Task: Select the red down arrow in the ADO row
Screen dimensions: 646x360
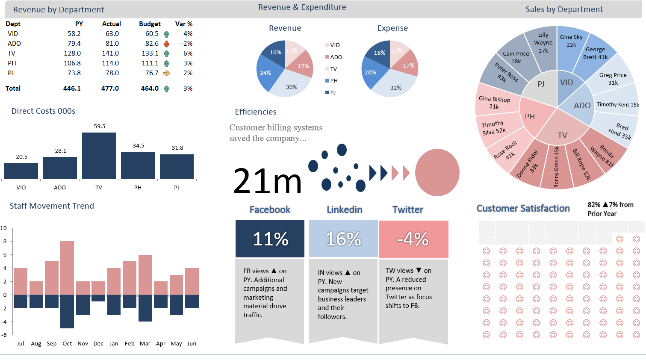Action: point(166,44)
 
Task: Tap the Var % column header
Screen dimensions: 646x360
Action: point(184,24)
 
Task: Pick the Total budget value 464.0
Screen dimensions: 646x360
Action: point(150,88)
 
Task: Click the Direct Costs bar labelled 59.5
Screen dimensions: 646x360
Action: point(99,156)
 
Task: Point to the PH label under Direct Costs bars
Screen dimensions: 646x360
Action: point(138,188)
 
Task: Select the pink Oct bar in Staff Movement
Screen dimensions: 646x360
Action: point(67,268)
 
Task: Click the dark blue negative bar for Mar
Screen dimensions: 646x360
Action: point(145,308)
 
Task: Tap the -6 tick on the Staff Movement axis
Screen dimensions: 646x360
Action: point(4,335)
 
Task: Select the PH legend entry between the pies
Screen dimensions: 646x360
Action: point(331,81)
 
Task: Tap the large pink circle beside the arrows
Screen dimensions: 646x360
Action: point(437,172)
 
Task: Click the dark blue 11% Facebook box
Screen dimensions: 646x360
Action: point(270,239)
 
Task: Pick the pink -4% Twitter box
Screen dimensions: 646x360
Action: point(414,239)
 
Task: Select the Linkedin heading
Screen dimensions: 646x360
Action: point(344,210)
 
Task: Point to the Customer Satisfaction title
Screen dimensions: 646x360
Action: point(523,208)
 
